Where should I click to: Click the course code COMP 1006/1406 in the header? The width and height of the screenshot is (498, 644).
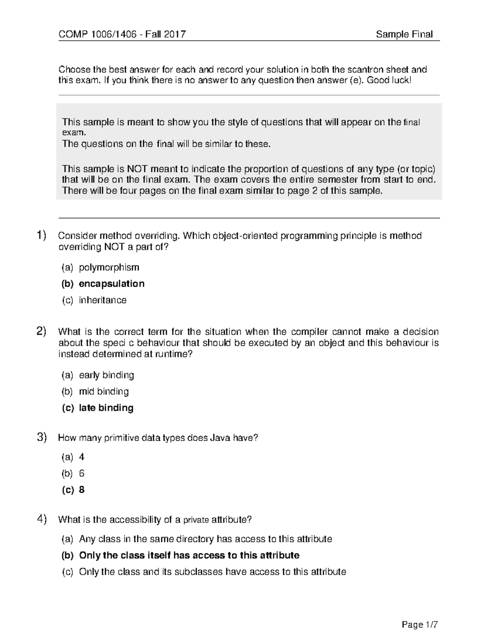[x=98, y=34]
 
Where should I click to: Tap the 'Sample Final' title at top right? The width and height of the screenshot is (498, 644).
[x=404, y=34]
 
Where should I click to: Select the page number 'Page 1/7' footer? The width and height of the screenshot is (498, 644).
[x=420, y=625]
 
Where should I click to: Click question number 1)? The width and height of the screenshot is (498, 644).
[x=41, y=236]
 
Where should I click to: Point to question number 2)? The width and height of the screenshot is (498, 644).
[x=41, y=331]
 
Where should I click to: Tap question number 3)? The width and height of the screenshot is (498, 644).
[x=41, y=437]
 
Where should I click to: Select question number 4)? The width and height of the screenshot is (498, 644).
[x=41, y=519]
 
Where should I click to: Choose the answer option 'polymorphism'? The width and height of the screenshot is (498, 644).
[x=109, y=267]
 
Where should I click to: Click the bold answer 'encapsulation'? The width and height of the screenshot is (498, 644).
[x=112, y=284]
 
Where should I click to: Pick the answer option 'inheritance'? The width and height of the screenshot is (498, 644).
[x=103, y=300]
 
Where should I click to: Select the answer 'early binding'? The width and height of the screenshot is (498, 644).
[x=106, y=375]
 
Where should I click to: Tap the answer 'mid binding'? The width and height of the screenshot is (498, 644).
[x=104, y=391]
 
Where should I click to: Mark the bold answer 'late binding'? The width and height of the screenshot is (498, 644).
[x=106, y=408]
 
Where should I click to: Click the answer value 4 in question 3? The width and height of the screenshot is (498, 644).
[x=82, y=457]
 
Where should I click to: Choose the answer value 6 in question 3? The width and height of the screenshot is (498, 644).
[x=82, y=473]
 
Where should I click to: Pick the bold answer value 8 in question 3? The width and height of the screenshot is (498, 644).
[x=82, y=490]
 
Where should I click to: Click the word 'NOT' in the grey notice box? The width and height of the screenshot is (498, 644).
[x=137, y=169]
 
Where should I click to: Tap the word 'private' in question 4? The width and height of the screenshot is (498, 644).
[x=196, y=520]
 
